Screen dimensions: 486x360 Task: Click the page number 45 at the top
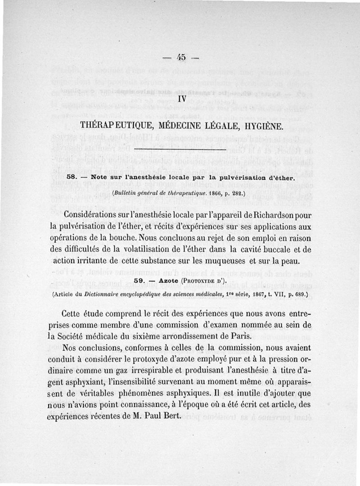click(x=181, y=57)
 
